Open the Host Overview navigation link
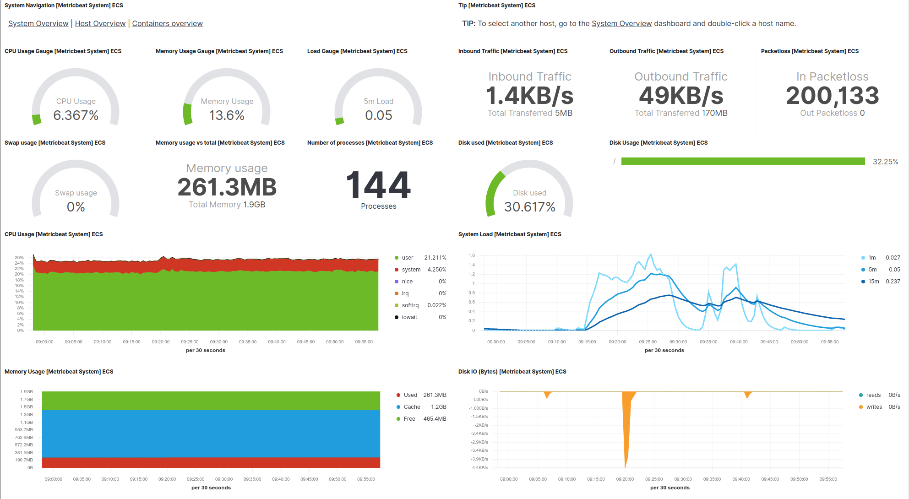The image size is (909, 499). point(100,23)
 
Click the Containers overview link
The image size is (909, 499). point(167,23)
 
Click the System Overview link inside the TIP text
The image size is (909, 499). point(621,23)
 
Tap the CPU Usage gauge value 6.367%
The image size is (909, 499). point(76,115)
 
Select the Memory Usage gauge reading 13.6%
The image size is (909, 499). point(227,115)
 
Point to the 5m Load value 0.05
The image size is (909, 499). point(378,115)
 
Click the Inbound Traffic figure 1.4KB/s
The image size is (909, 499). point(530,96)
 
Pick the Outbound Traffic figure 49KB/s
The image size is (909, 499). point(681,96)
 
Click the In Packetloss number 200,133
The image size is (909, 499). point(832,96)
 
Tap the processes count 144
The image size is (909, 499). point(378,185)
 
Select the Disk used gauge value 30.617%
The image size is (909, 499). point(530,207)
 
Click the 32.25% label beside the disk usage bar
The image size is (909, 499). point(885,162)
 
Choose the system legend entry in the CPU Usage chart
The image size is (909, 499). point(411,270)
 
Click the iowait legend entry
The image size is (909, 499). point(409,317)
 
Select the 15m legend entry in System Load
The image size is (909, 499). point(873,282)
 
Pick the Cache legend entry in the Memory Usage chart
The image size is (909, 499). point(412,407)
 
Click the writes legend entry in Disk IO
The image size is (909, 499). point(874,407)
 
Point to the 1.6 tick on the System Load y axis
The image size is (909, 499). point(472,255)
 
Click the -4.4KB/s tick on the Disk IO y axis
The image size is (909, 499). point(479,468)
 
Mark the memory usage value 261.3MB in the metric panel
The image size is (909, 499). point(227,187)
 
